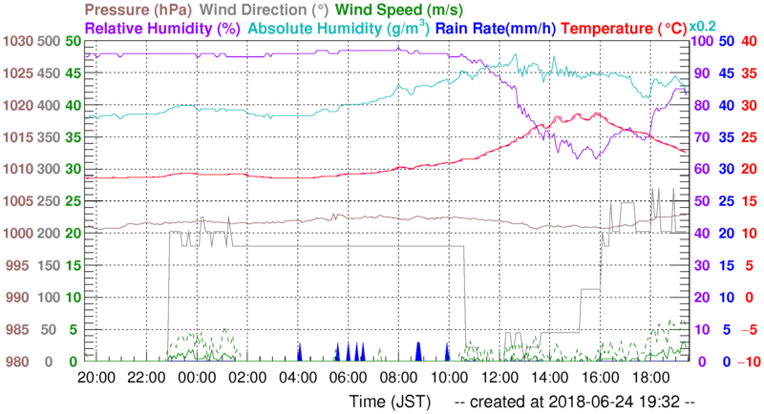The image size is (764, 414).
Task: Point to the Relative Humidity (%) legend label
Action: tap(160, 29)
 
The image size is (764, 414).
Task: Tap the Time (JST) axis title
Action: tap(393, 399)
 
